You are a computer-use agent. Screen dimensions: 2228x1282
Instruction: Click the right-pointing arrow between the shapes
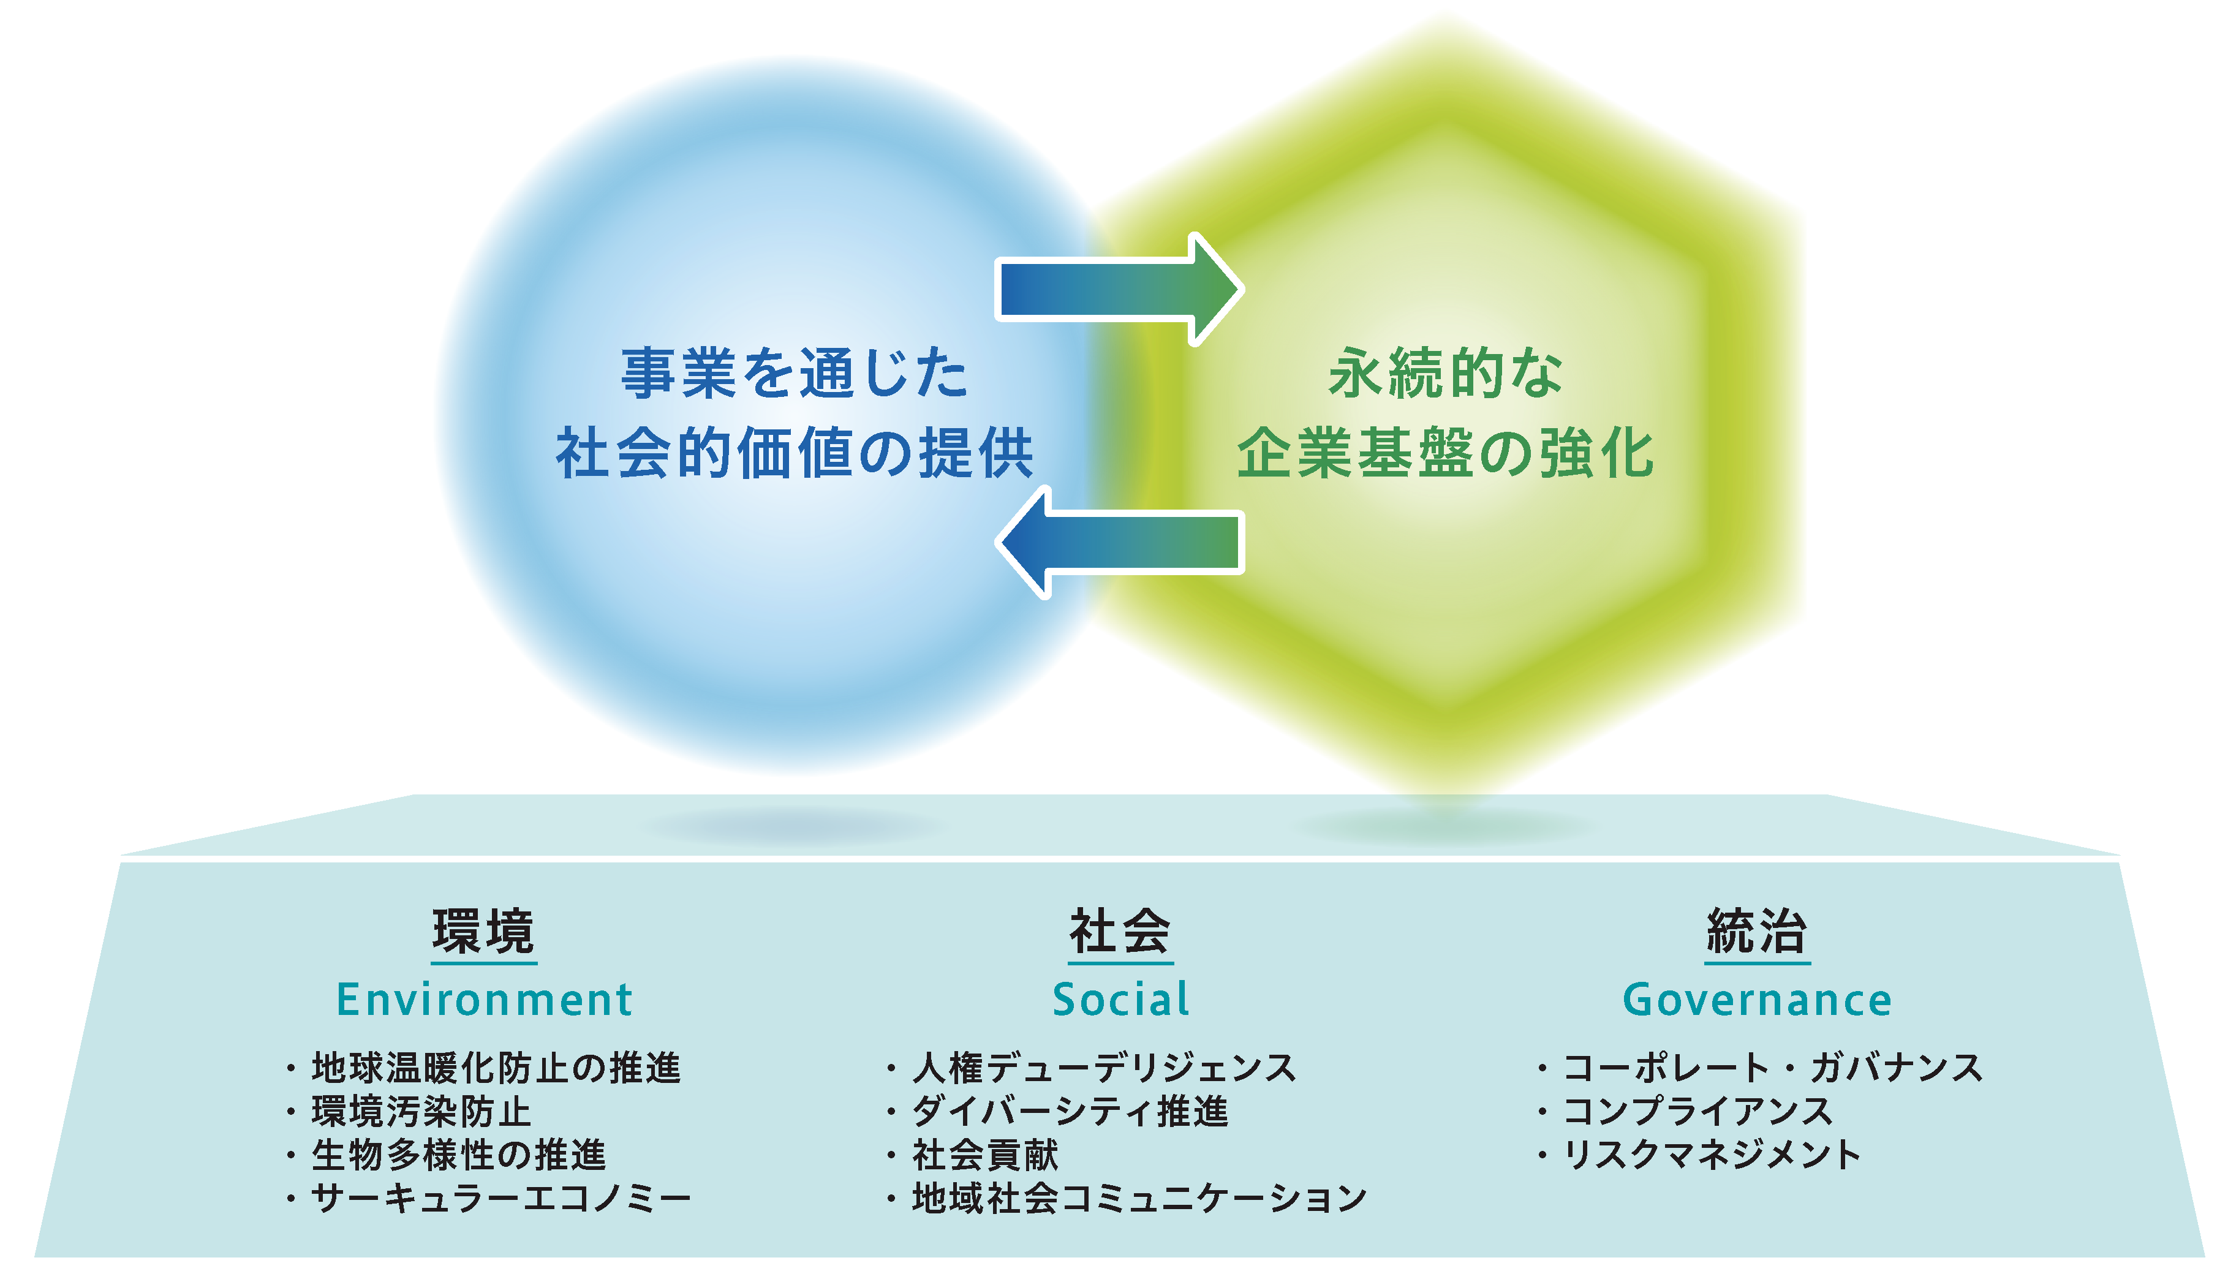pyautogui.click(x=1119, y=289)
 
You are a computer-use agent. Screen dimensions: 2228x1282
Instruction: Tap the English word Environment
pyautogui.click(x=485, y=1000)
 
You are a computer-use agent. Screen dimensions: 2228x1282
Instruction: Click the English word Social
pyautogui.click(x=1121, y=1000)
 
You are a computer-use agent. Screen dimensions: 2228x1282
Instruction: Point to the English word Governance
pyautogui.click(x=1757, y=1000)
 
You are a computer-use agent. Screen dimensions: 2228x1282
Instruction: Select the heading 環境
pyautogui.click(x=483, y=932)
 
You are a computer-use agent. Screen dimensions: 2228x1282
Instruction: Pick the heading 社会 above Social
pyautogui.click(x=1120, y=932)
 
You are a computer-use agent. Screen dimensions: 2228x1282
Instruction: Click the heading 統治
pyautogui.click(x=1757, y=932)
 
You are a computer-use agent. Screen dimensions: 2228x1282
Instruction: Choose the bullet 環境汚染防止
pyautogui.click(x=421, y=1111)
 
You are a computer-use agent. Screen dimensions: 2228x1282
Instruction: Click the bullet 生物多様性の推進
pyautogui.click(x=459, y=1155)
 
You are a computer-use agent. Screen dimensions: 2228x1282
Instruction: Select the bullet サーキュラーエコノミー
pyautogui.click(x=501, y=1197)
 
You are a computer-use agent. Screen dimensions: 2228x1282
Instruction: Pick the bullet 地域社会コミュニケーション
pyautogui.click(x=1139, y=1197)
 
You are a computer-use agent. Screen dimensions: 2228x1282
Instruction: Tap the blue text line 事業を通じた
pyautogui.click(x=795, y=374)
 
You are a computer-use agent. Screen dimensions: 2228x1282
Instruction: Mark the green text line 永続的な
pyautogui.click(x=1446, y=374)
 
